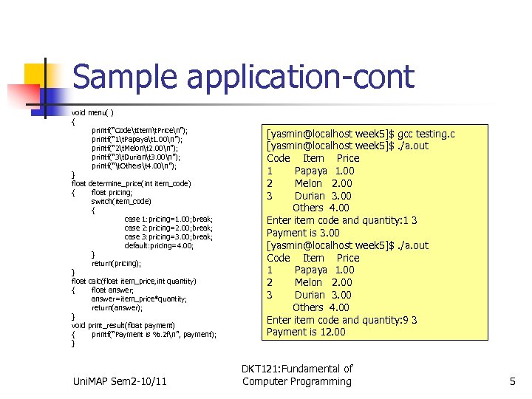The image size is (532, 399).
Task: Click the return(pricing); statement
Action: point(116,263)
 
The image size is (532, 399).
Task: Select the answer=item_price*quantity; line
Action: point(139,299)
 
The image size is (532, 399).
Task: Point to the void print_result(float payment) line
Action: point(123,325)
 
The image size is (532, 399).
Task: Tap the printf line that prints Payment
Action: point(154,334)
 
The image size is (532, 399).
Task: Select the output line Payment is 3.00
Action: point(303,233)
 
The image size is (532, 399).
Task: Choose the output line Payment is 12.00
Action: point(306,332)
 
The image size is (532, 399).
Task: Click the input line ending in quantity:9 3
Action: point(341,320)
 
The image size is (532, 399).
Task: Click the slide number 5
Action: point(512,381)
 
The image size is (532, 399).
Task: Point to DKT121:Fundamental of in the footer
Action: point(297,368)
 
